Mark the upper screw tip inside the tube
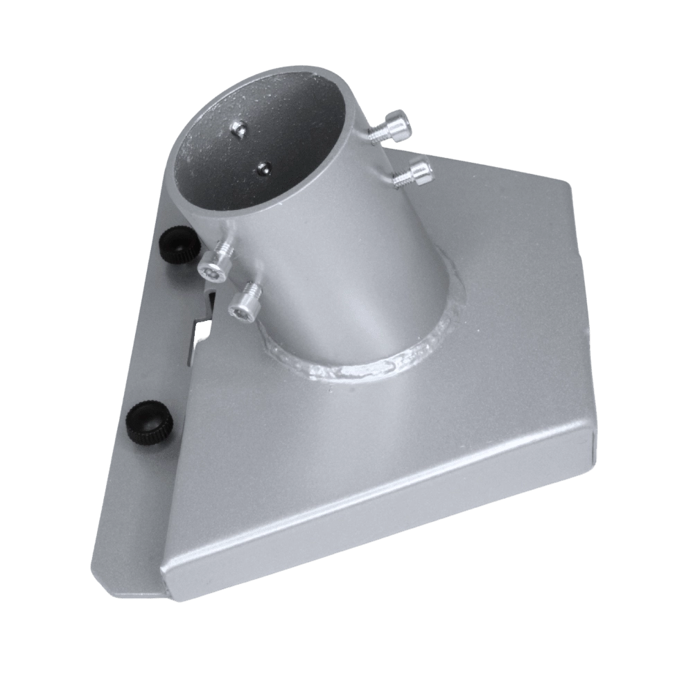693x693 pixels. tap(238, 128)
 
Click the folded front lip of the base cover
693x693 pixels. tap(381, 534)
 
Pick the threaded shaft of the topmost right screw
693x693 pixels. tap(378, 136)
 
